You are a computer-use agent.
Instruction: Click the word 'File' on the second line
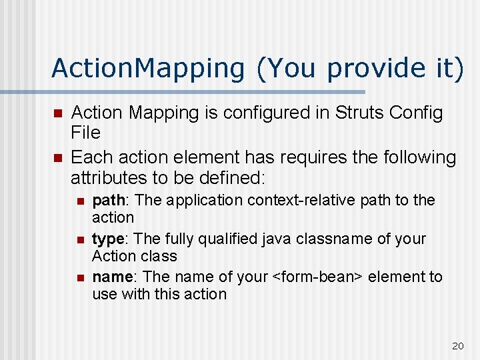(85, 133)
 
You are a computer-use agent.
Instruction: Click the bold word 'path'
(107, 200)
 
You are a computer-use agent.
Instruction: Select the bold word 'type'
(107, 239)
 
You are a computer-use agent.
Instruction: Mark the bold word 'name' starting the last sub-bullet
(112, 277)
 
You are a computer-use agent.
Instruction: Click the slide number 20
(457, 345)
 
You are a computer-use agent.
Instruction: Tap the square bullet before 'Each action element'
(57, 157)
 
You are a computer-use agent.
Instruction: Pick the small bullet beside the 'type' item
(79, 239)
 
